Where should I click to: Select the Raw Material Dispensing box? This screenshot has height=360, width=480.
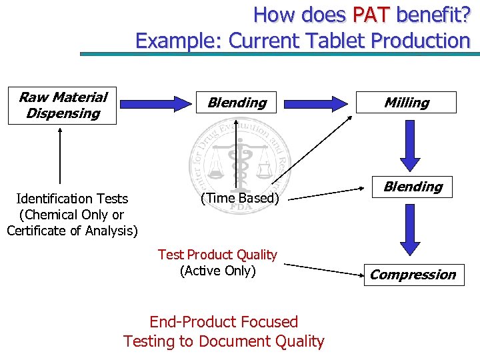(63, 105)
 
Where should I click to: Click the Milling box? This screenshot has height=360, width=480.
(406, 103)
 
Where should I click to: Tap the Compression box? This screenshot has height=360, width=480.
(413, 275)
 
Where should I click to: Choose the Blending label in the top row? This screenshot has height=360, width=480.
(237, 103)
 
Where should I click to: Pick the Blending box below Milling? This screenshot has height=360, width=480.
(413, 187)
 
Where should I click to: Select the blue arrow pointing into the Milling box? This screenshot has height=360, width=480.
(319, 103)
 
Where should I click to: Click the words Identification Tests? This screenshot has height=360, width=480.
(72, 199)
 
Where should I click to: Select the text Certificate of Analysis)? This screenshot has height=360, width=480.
(72, 231)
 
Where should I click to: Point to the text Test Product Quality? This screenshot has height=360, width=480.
(217, 255)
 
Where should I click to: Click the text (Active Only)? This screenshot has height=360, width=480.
(217, 271)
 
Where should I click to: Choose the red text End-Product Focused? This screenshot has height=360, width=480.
(223, 322)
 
